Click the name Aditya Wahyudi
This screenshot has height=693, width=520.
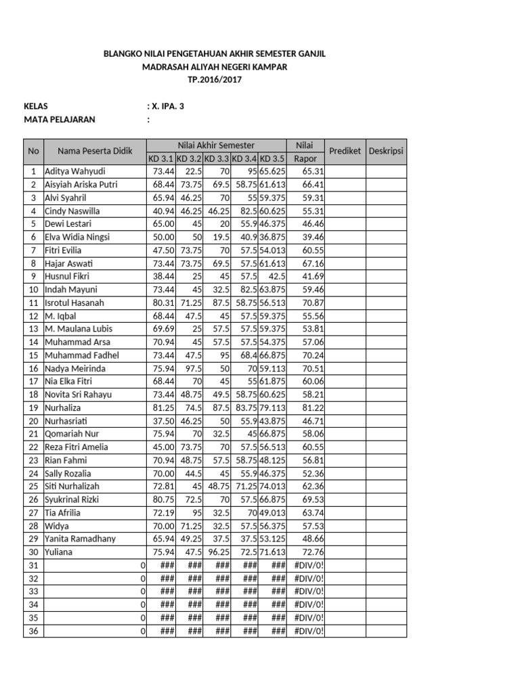[x=75, y=171]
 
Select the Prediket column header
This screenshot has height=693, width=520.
[x=345, y=151]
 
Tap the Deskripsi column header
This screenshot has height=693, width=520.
[x=386, y=151]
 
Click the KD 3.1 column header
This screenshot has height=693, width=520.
[x=161, y=158]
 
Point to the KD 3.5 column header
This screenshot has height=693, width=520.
[x=272, y=158]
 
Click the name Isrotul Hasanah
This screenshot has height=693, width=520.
[x=74, y=303]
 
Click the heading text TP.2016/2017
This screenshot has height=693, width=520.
[x=214, y=80]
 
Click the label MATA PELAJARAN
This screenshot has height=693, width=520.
[x=60, y=120]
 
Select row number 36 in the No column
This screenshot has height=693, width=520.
[x=32, y=631]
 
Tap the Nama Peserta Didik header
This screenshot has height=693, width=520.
[x=94, y=151]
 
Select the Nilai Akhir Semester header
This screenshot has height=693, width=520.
[x=216, y=145]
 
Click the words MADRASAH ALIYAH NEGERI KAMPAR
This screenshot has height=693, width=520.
[x=214, y=66]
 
